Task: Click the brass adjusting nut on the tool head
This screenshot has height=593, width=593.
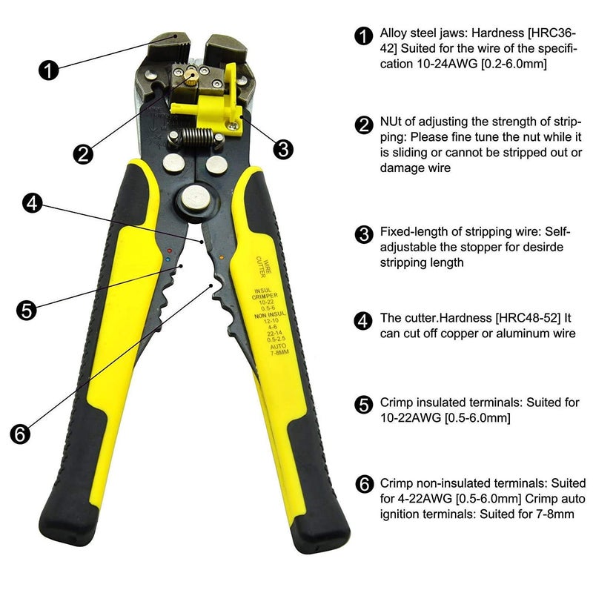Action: tap(191, 75)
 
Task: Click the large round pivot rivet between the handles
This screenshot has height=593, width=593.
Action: tap(196, 198)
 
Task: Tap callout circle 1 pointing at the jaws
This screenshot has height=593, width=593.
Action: tap(47, 70)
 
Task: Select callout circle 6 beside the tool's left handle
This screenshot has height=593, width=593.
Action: tap(21, 434)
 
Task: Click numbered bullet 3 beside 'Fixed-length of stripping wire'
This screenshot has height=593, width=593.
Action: tap(364, 235)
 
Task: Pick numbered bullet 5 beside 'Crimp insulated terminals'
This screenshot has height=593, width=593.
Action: tap(364, 405)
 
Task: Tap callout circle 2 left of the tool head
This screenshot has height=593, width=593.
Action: tap(83, 153)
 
